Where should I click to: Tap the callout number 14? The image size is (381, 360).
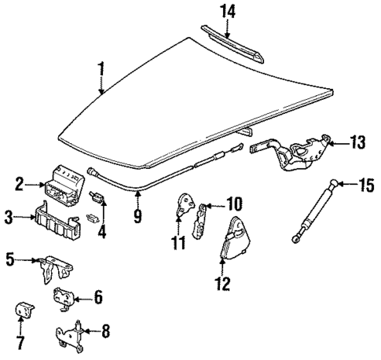point(228,11)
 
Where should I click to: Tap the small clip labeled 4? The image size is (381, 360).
point(100,196)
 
